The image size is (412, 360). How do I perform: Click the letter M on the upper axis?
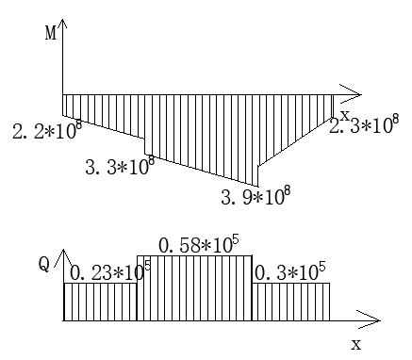(x=51, y=33)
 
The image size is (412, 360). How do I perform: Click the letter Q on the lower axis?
(x=44, y=265)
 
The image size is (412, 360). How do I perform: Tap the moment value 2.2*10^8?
(x=47, y=129)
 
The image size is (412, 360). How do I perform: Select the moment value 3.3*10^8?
(x=120, y=165)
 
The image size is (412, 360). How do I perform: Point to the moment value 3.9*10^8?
(x=255, y=195)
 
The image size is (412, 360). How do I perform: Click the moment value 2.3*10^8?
(x=364, y=124)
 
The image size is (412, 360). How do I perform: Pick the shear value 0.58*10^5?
(x=199, y=244)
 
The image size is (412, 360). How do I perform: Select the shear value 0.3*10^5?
(x=290, y=271)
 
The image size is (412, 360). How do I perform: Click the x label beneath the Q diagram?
(x=356, y=345)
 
